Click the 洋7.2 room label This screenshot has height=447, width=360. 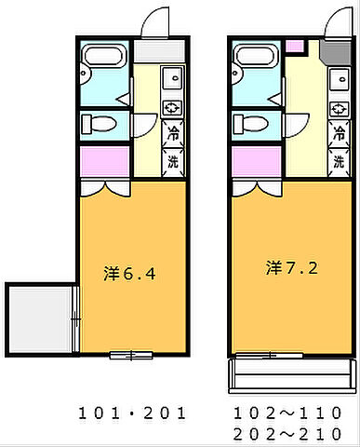[x=292, y=268]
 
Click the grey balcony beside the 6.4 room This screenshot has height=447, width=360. [x=40, y=316]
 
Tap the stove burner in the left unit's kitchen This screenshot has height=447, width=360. [x=173, y=107]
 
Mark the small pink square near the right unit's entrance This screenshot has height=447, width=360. [x=295, y=46]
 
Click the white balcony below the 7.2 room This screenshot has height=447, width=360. [x=291, y=376]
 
